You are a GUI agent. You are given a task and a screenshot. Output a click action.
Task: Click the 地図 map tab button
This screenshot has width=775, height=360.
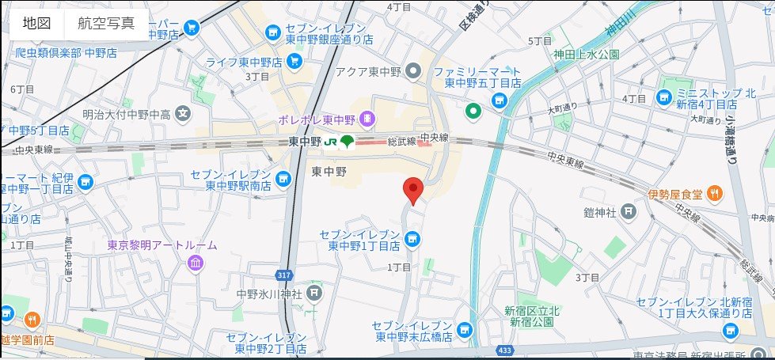(x=36, y=23)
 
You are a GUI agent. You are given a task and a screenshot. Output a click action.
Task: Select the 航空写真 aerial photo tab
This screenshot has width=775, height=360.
(x=106, y=23)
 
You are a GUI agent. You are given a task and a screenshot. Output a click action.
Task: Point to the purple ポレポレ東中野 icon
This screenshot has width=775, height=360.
(x=368, y=119)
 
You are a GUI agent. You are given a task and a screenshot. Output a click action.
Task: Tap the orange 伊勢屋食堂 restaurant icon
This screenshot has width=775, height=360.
(x=714, y=191)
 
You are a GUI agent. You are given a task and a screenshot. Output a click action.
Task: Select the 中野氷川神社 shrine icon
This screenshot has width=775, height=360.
(x=315, y=294)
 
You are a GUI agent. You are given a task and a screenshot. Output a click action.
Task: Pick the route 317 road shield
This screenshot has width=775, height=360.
(x=286, y=275)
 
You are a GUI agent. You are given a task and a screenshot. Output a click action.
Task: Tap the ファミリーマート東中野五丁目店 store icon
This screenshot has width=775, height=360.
(x=499, y=100)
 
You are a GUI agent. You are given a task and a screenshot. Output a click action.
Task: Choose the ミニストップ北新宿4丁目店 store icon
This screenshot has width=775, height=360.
(x=663, y=98)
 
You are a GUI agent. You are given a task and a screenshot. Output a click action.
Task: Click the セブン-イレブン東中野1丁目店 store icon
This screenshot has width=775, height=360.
(x=412, y=238)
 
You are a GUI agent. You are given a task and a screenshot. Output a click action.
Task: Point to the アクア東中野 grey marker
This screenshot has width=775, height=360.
(x=412, y=72)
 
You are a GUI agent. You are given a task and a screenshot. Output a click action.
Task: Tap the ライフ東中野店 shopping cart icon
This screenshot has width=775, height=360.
(x=294, y=61)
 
